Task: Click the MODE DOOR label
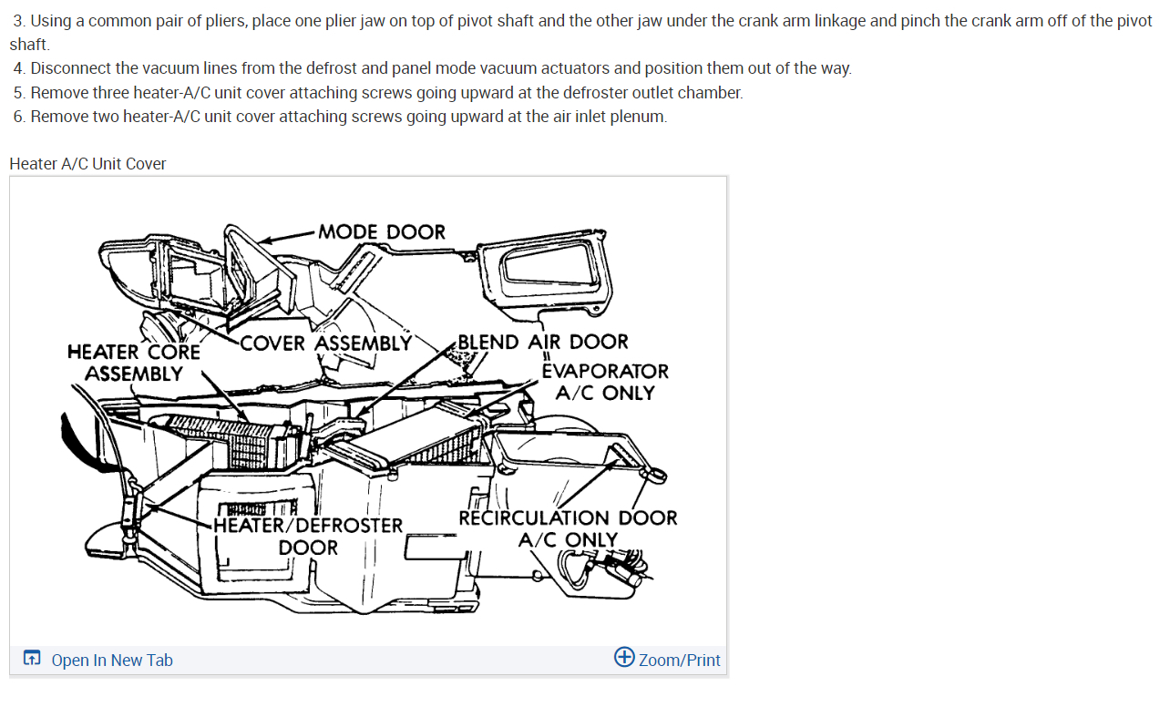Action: pyautogui.click(x=382, y=232)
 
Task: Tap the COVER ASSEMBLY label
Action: pyautogui.click(x=325, y=343)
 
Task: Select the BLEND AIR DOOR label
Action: pyautogui.click(x=542, y=343)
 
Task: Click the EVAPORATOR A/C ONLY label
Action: pyautogui.click(x=605, y=382)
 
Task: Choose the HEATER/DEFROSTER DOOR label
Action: pyautogui.click(x=308, y=537)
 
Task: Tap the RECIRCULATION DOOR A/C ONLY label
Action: pyautogui.click(x=568, y=528)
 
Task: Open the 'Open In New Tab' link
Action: pyautogui.click(x=112, y=661)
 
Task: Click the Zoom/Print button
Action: pyautogui.click(x=679, y=661)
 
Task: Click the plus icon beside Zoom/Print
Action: pyautogui.click(x=624, y=657)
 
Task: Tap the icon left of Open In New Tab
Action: pyautogui.click(x=32, y=659)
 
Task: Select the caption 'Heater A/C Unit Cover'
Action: pyautogui.click(x=87, y=164)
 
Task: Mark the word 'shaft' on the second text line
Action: pyautogui.click(x=28, y=45)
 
